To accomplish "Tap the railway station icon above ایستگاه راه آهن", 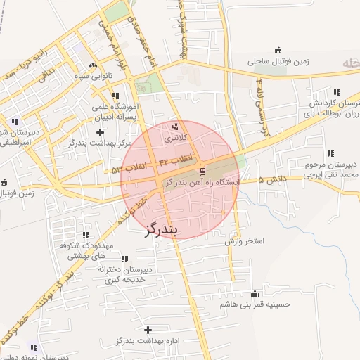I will [x=202, y=171].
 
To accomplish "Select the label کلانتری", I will [x=176, y=139].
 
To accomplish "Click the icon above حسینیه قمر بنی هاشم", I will [x=255, y=294].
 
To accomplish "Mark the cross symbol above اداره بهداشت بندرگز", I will [x=148, y=330].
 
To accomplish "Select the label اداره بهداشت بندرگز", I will [x=146, y=342].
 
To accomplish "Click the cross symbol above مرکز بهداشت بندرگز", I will [x=100, y=131].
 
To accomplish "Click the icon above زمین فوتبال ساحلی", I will [x=278, y=50].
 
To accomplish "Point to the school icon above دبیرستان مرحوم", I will [x=330, y=153].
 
